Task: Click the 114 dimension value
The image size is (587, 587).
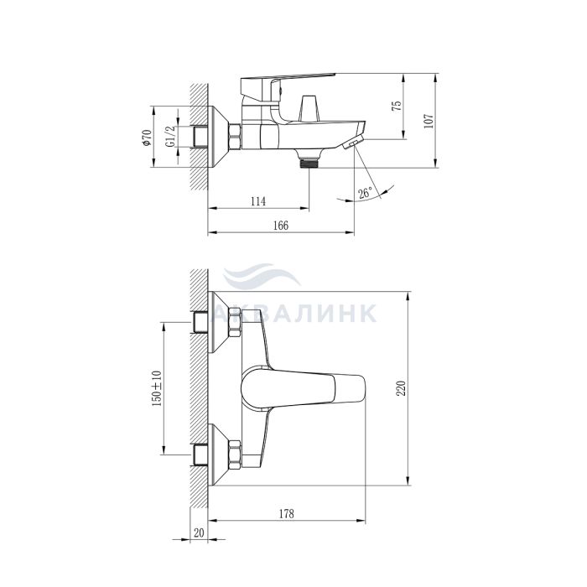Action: tap(258, 201)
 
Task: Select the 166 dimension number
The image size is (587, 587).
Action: tap(281, 226)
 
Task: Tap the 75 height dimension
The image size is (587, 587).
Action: tap(397, 105)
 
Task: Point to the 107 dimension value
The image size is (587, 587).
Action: tap(429, 122)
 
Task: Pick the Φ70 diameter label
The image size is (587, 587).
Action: tap(147, 138)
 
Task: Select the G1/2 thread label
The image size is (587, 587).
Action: tap(170, 137)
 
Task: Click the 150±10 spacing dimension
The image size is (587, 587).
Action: tap(157, 388)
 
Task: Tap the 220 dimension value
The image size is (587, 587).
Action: tap(402, 388)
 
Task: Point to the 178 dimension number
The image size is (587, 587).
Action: tap(287, 513)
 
